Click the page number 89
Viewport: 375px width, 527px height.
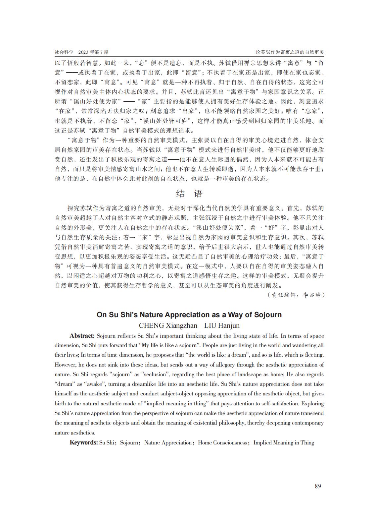coord(318,486)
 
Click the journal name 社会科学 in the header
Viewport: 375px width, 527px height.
coord(64,52)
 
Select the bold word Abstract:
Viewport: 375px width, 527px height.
coord(82,336)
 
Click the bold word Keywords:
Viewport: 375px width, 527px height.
coord(83,442)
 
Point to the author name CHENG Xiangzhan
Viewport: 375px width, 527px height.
coord(168,325)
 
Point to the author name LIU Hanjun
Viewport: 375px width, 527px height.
coord(222,325)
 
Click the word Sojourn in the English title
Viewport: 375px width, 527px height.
coord(268,315)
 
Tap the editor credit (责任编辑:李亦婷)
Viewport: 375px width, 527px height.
coord(296,295)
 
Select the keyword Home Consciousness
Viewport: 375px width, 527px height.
coord(223,442)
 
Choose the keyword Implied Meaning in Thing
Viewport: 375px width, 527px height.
coord(284,442)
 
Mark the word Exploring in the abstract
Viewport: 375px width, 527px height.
coord(312,403)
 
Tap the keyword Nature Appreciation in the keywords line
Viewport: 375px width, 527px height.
coord(168,442)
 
